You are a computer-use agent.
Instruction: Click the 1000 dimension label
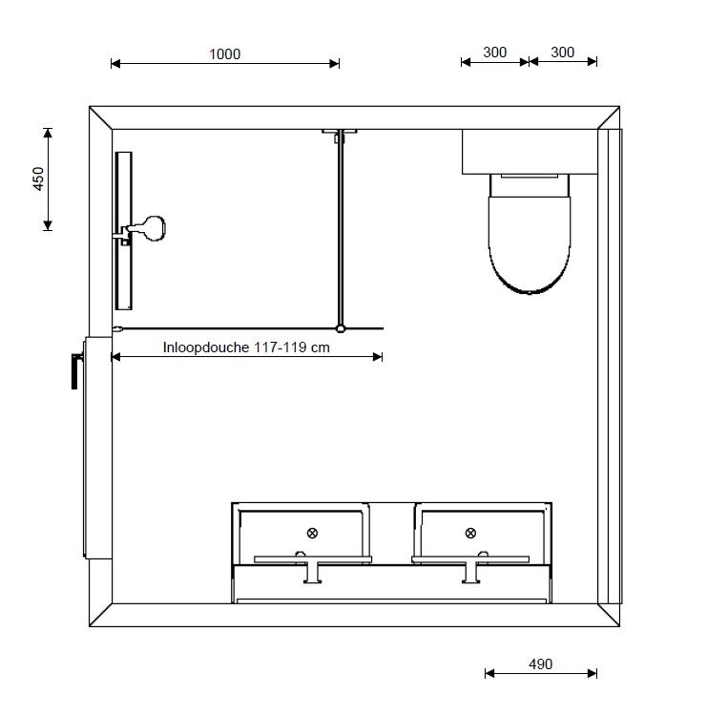point(224,54)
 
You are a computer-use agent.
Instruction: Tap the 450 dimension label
point(39,179)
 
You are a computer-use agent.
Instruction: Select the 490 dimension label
point(540,663)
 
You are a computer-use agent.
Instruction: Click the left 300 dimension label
point(495,53)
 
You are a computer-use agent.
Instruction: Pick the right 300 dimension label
point(562,53)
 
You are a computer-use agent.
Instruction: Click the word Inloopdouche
point(205,347)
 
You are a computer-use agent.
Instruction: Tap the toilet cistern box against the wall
point(530,152)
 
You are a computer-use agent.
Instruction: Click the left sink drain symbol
point(312,533)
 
